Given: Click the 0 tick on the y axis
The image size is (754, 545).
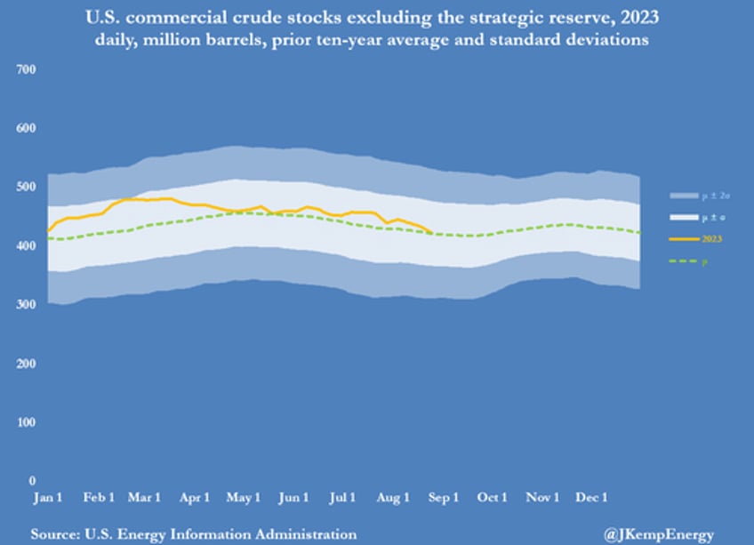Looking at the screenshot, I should [x=32, y=480].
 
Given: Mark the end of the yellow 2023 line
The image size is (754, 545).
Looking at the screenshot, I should [x=432, y=233].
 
